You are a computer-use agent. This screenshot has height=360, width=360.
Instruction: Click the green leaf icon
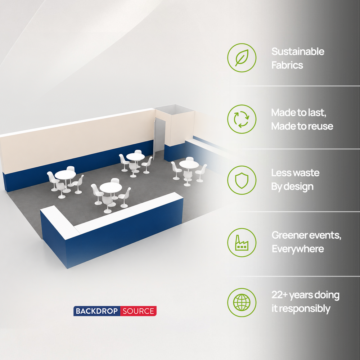242,58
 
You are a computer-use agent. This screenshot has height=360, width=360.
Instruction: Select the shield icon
242,180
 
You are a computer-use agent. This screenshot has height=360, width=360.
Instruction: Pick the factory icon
242,243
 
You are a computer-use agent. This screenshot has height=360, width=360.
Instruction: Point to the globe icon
242,302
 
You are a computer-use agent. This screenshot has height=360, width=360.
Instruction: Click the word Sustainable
298,51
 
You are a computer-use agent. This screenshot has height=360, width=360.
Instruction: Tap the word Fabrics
287,65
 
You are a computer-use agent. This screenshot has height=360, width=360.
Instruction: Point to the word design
298,186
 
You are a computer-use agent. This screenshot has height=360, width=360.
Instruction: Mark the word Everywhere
298,249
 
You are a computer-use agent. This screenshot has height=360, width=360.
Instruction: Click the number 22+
279,295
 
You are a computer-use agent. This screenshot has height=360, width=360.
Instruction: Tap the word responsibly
305,309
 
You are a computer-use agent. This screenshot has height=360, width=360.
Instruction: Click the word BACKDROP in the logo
96,311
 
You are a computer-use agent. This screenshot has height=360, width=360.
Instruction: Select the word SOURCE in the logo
138,311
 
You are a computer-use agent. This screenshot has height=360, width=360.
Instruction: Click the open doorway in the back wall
159,137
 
